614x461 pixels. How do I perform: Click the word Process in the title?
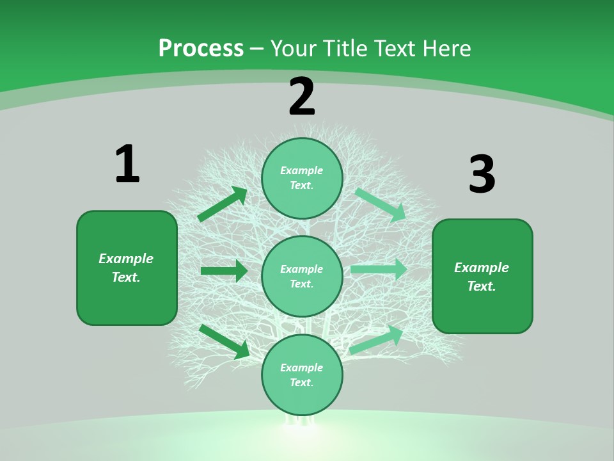pos(201,49)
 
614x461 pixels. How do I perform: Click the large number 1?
pos(127,164)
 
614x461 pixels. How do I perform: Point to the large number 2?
pos(302,97)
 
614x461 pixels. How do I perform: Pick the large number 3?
pos(482,175)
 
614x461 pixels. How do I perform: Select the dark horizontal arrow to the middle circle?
pos(224,271)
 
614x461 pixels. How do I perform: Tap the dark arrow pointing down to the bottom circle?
pos(224,341)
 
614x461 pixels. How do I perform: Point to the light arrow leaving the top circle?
pos(381,204)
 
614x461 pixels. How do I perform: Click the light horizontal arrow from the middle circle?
pos(379,270)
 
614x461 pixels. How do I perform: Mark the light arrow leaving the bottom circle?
pos(377,339)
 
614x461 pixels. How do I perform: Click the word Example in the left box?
pos(126,259)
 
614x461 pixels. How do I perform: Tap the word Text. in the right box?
pos(482,286)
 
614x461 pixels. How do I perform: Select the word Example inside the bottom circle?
pos(302,368)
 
